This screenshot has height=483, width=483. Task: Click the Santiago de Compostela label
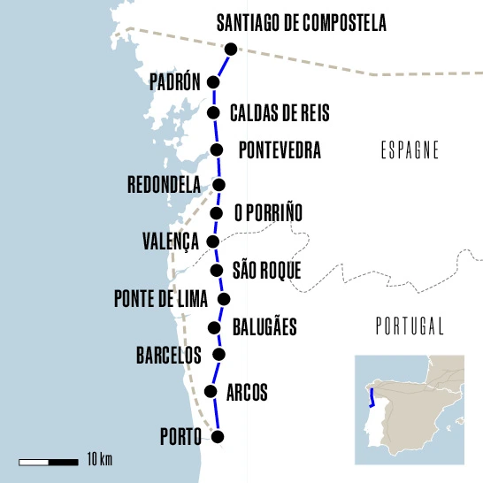pyautogui.click(x=302, y=22)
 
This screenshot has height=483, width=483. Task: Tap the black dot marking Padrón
pyautogui.click(x=213, y=82)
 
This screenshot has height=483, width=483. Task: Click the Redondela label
pyautogui.click(x=164, y=185)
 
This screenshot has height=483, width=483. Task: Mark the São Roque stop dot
pyautogui.click(x=217, y=271)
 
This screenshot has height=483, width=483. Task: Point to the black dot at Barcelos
pyautogui.click(x=218, y=355)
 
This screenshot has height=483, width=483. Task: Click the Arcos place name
pyautogui.click(x=247, y=392)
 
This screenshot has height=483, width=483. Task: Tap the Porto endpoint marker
pyautogui.click(x=218, y=436)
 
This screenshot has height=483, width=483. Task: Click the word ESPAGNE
pyautogui.click(x=408, y=149)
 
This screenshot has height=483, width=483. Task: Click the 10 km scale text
pyautogui.click(x=98, y=459)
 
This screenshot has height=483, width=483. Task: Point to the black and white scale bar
pyautogui.click(x=48, y=461)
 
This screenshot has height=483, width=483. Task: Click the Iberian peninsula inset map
pyautogui.click(x=409, y=409)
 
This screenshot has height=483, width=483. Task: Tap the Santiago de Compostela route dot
pyautogui.click(x=231, y=50)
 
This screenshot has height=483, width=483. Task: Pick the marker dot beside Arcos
pyautogui.click(x=211, y=392)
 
